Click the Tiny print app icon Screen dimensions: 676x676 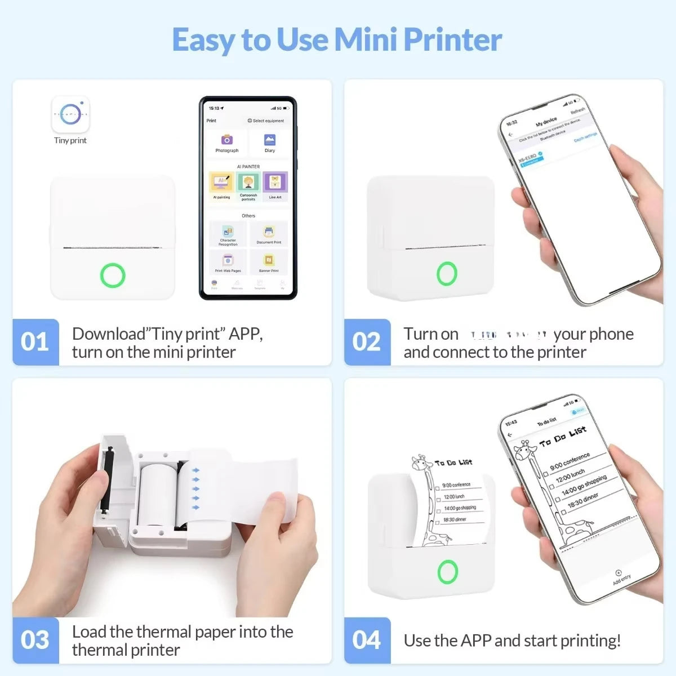pos(70,114)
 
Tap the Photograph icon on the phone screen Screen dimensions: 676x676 pos(226,140)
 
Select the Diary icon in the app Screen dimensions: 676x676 pos(270,140)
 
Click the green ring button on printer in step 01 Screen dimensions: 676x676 pos(113,275)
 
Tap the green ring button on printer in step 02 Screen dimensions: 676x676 pos(447,273)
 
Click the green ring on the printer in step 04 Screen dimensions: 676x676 pos(448,571)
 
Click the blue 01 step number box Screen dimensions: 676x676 pos(35,342)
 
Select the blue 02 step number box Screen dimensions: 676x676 pos(367,342)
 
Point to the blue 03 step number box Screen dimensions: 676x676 pos(35,640)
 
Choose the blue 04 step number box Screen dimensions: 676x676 pos(367,640)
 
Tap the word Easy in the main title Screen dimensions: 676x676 pos(203,41)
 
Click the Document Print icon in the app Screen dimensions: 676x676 pos(269,232)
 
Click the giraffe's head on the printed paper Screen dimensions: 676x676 pos(421,464)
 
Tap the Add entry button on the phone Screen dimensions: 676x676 pos(619,576)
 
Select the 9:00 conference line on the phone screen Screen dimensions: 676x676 pos(570,460)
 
